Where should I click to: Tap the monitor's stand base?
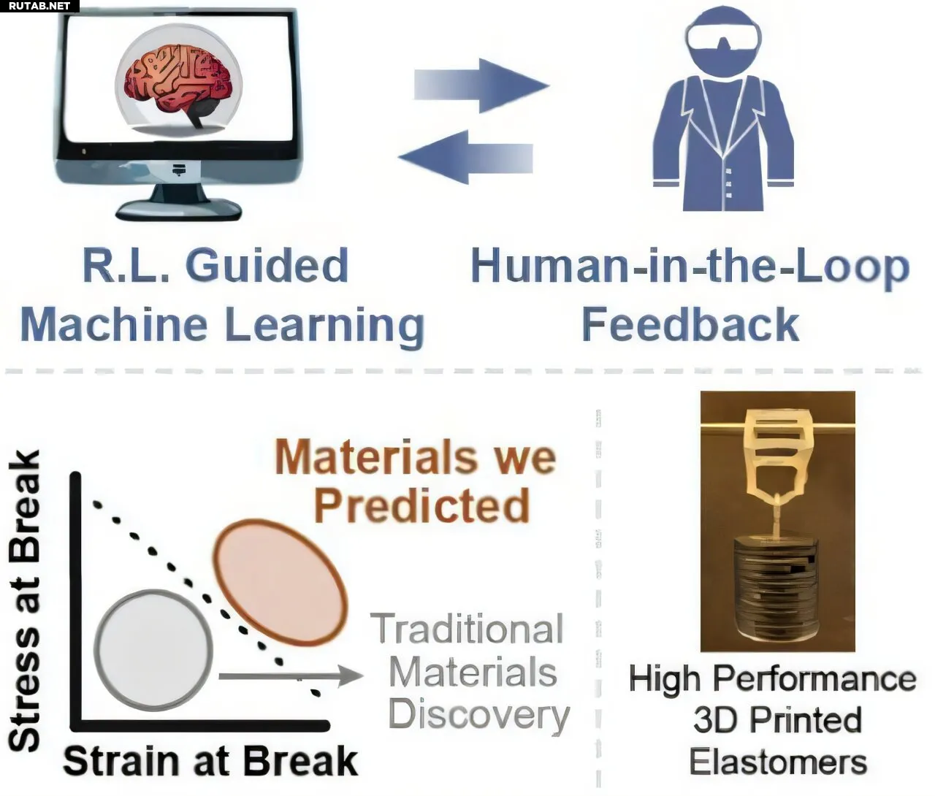(x=179, y=210)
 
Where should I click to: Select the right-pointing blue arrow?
(x=481, y=85)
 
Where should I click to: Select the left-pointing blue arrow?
(x=465, y=158)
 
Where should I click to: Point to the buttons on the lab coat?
(x=729, y=183)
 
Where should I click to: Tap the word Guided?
(x=267, y=266)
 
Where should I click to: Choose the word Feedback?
(x=690, y=324)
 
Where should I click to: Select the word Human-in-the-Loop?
(x=690, y=267)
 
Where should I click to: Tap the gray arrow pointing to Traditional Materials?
(x=291, y=676)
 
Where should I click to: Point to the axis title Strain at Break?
(x=210, y=762)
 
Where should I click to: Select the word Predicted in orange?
(x=421, y=506)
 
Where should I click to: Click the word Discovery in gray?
(x=479, y=716)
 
